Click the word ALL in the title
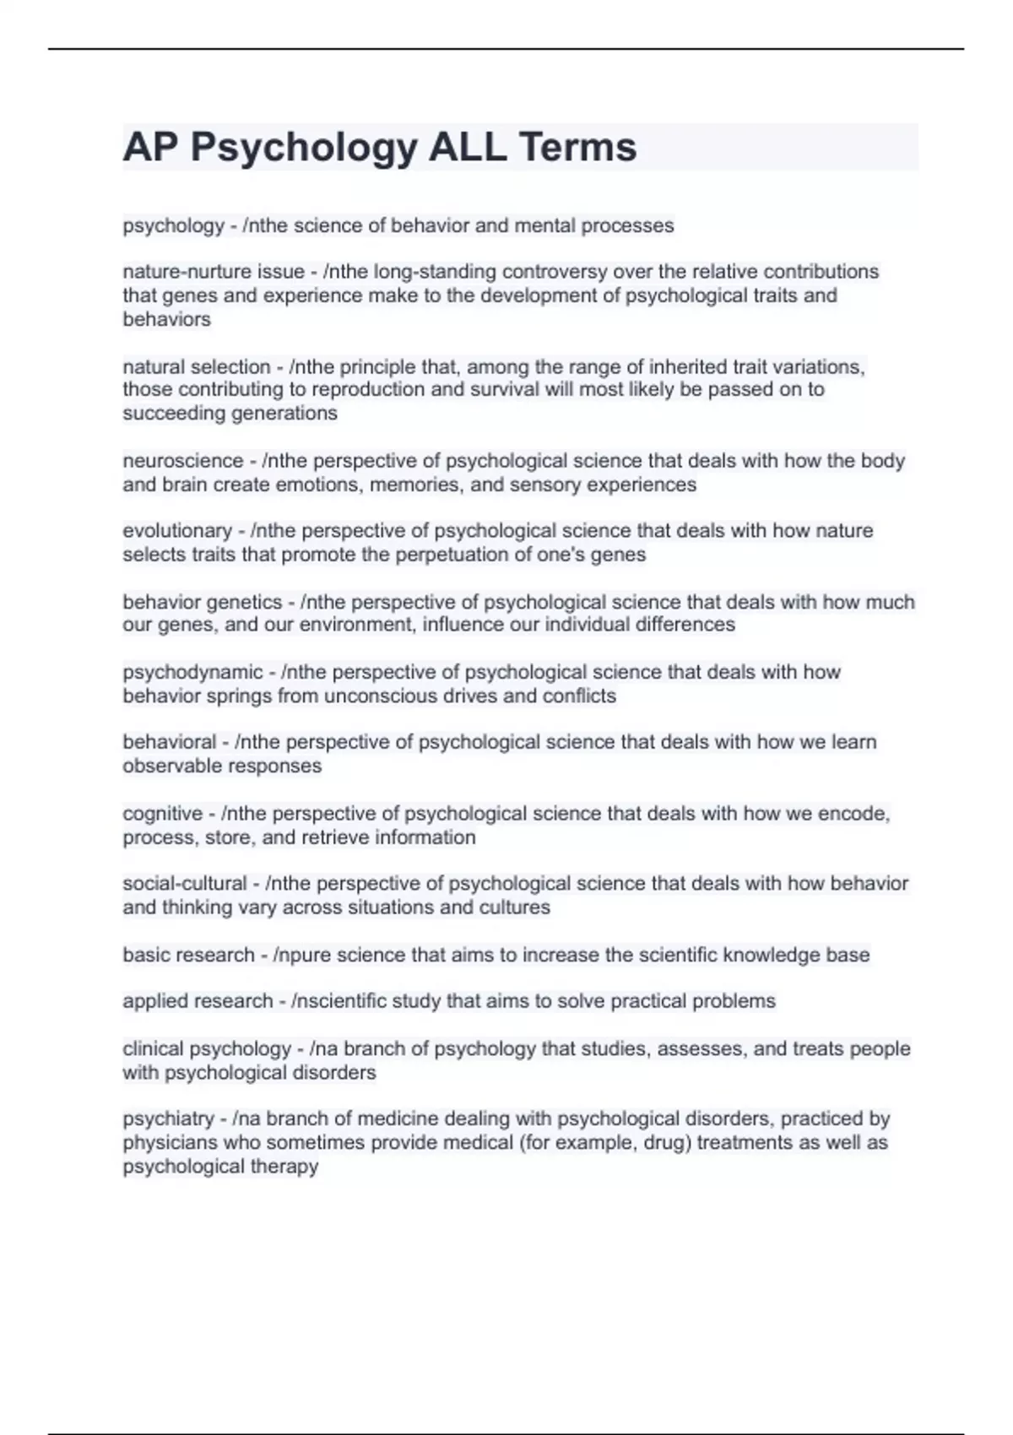pos(467,148)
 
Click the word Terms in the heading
pos(577,148)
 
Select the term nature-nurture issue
pos(213,272)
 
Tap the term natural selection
pos(196,367)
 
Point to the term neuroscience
pos(182,461)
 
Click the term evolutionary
pos(176,531)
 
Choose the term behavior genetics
pos(202,602)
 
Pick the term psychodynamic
pos(192,672)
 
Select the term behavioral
pos(169,742)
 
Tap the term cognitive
pos(162,814)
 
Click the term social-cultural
pos(184,884)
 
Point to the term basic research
pos(188,955)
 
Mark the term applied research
pos(198,1001)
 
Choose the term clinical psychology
pos(206,1048)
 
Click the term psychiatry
pos(168,1118)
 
